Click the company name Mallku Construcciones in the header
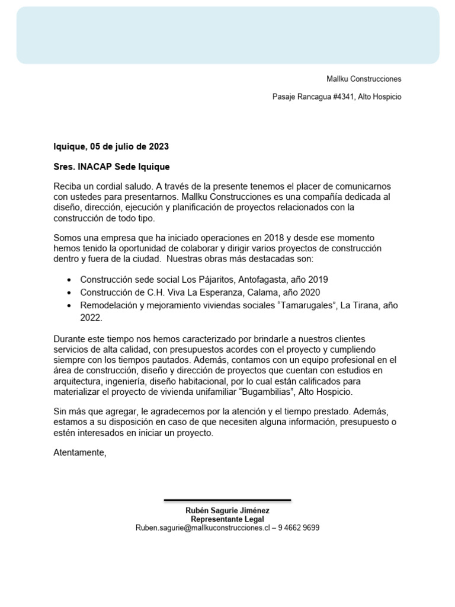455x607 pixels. click(364, 79)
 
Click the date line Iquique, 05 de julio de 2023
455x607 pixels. click(111, 146)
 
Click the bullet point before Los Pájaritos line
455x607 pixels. click(71, 280)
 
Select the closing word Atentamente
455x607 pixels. click(79, 453)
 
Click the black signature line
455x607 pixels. click(227, 500)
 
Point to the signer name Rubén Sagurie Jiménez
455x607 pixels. click(227, 510)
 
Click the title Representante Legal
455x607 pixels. click(227, 519)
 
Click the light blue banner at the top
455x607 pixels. click(227, 35)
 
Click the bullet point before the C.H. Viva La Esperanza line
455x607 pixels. click(71, 293)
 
